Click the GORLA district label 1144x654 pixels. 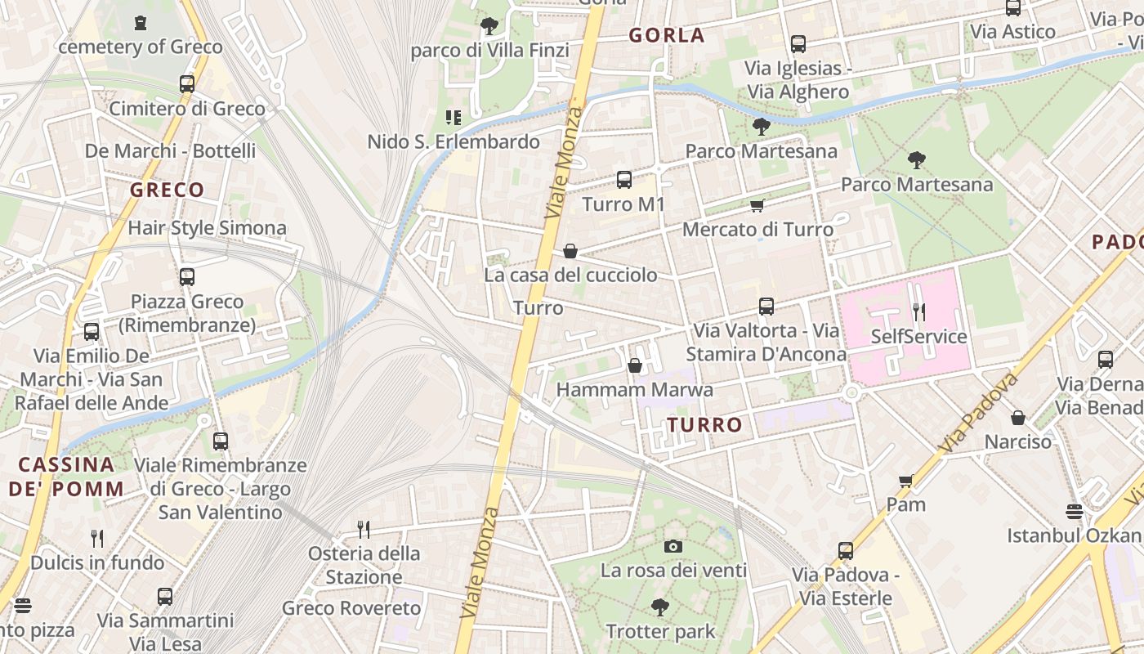coord(666,35)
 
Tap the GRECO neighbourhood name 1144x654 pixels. coord(167,190)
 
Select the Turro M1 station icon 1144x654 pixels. coord(624,180)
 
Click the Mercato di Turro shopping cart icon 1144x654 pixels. coord(757,206)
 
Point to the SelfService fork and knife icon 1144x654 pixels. coord(918,312)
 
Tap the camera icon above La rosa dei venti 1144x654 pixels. coord(673,546)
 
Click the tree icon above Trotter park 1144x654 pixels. coord(660,607)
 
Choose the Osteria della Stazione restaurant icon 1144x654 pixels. coord(364,530)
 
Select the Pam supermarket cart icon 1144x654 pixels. coord(905,481)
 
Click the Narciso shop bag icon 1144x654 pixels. coord(1018,418)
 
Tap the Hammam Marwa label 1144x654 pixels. coord(634,390)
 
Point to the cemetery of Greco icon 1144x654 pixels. coord(141,23)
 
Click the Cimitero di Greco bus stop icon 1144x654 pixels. coord(187,83)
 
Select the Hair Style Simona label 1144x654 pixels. coord(207,228)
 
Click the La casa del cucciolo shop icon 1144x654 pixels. coord(570,251)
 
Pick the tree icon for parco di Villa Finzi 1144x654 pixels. coord(489,26)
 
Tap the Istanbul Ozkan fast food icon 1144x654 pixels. coord(1075,512)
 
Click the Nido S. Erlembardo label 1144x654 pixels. coord(454,142)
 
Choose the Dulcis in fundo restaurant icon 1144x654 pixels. coord(97,538)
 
